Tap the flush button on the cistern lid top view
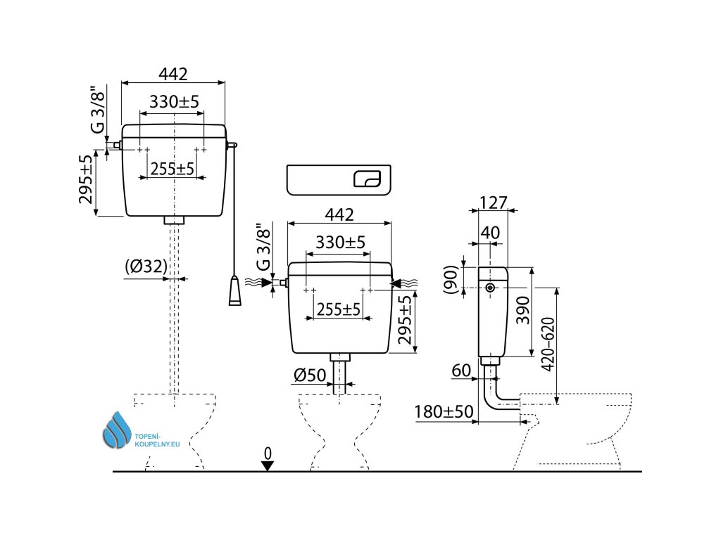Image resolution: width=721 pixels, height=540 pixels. tap(368, 179)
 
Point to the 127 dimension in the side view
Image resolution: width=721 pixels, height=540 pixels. tap(493, 202)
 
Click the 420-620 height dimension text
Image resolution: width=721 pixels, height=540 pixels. tap(548, 345)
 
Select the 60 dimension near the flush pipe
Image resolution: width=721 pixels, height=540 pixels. tap(461, 371)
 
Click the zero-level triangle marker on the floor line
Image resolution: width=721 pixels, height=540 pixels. tap(267, 465)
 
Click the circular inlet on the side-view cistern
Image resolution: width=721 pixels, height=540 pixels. tap(490, 288)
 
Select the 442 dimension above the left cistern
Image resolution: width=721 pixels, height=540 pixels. tap(173, 74)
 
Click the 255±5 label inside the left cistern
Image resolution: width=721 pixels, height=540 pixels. tap(172, 169)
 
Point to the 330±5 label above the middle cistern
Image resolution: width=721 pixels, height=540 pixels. tap(340, 242)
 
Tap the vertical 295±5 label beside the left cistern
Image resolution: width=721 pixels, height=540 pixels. tap(86, 179)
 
